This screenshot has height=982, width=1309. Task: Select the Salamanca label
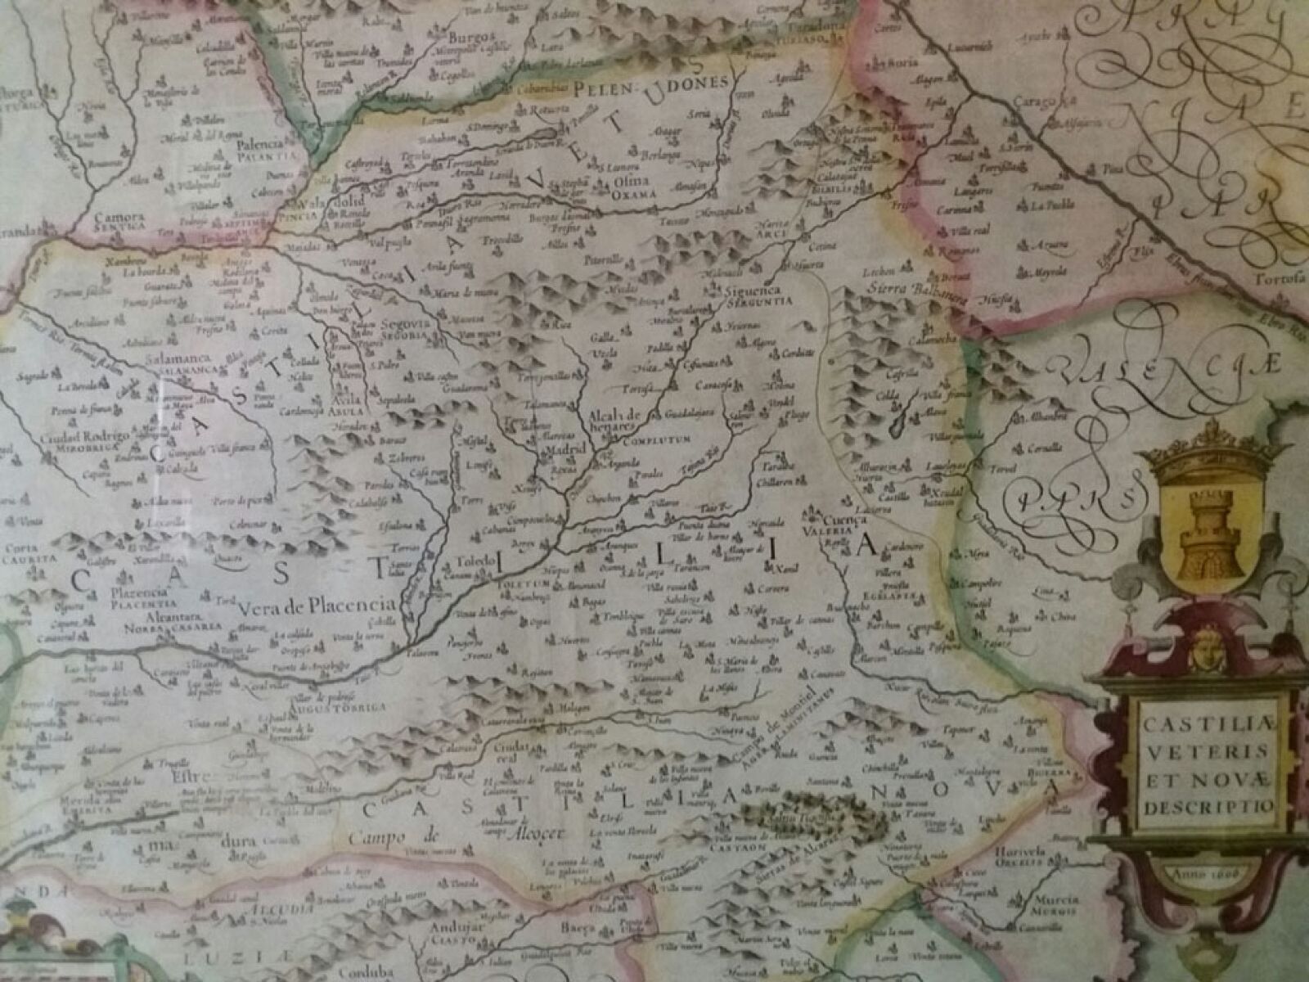179,359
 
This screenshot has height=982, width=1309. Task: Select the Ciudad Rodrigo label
84,438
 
